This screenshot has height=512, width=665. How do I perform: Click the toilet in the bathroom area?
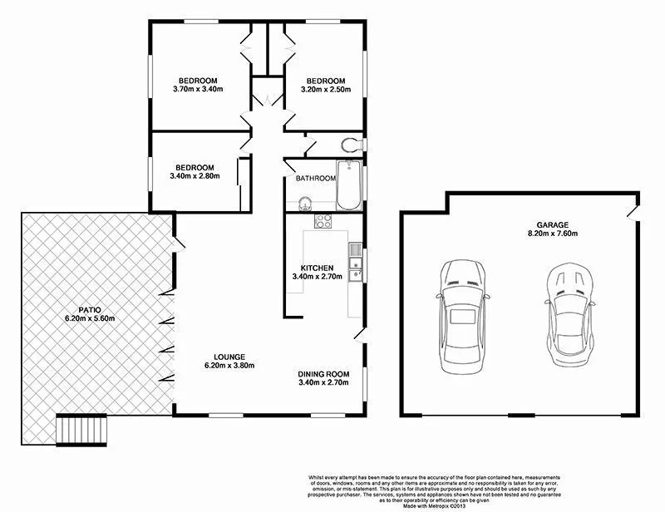pos(352,144)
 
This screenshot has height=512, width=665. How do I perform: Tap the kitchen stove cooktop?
pos(323,221)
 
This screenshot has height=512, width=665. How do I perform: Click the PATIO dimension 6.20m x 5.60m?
pos(90,318)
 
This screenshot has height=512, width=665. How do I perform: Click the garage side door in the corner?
pos(634,209)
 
